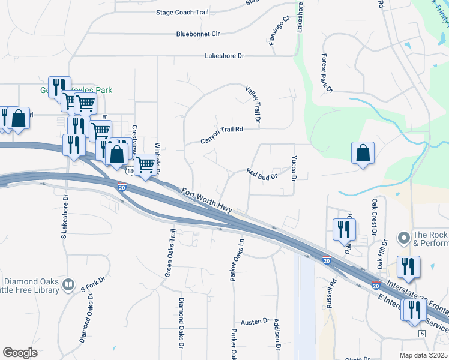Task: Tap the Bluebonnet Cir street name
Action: [198, 34]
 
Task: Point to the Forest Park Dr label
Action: [326, 73]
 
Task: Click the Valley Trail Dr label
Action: [253, 106]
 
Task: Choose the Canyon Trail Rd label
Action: [221, 135]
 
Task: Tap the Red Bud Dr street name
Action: [262, 174]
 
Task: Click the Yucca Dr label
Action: [294, 169]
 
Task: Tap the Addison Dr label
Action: [277, 334]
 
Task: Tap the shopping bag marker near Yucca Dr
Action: [363, 153]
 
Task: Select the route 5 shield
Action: [422, 333]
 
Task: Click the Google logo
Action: [20, 353]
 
